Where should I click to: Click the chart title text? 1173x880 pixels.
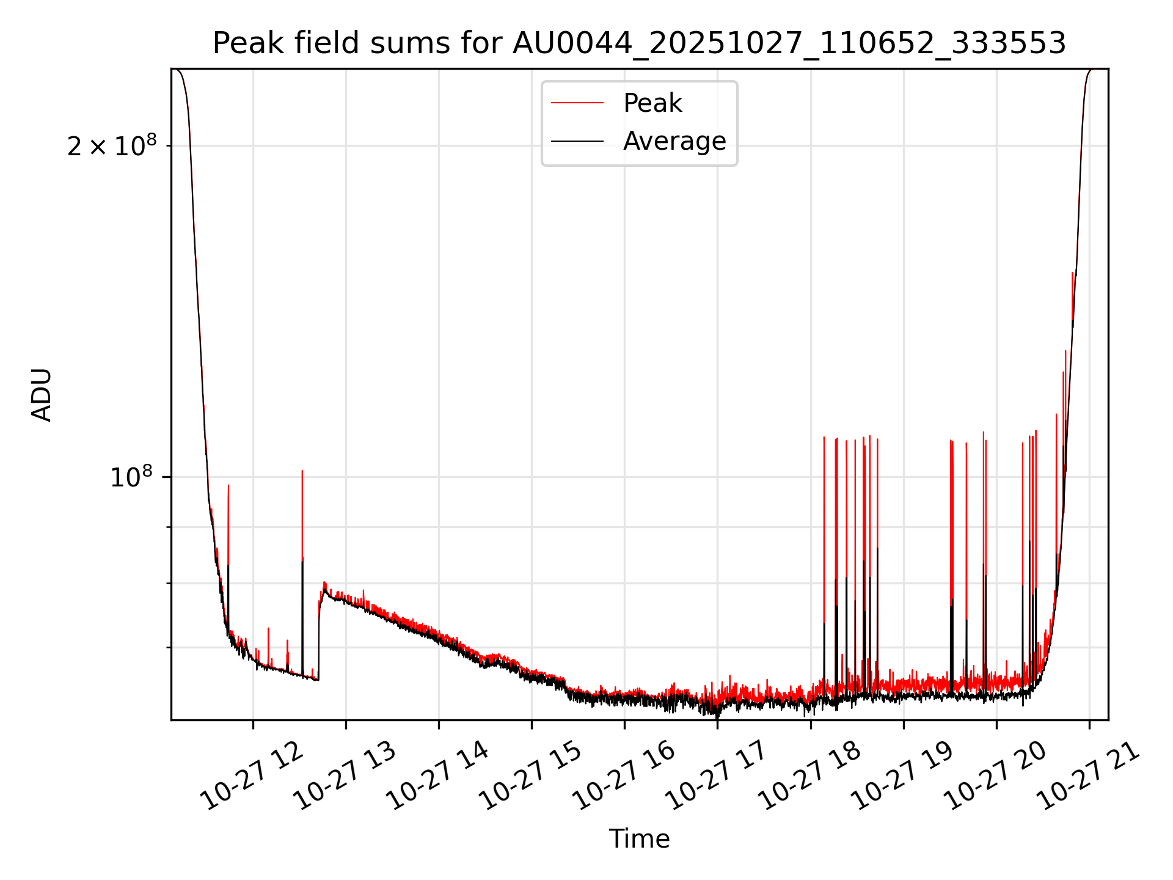[x=639, y=43]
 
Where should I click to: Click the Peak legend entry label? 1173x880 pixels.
[x=652, y=103]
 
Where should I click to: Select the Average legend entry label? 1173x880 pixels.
[x=674, y=141]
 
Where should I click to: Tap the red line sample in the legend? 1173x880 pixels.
[x=577, y=103]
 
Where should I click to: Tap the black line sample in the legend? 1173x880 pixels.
[x=577, y=141]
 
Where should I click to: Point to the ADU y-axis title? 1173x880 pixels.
[x=42, y=395]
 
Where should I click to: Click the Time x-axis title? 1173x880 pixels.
[x=639, y=839]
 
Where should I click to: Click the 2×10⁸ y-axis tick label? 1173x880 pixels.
[x=112, y=146]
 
